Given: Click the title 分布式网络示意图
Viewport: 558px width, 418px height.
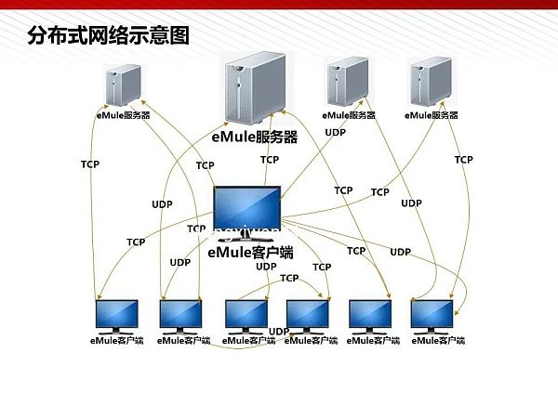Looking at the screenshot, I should coord(109,36).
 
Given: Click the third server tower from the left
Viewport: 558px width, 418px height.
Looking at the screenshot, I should coord(349,83).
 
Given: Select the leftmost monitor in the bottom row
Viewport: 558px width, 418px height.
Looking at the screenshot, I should coord(118,316).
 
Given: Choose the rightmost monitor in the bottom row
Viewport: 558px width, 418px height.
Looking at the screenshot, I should coord(432,316).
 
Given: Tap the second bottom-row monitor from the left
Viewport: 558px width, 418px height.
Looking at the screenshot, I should coord(180,316).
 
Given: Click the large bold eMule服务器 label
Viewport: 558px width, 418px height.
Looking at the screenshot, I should coord(254,137).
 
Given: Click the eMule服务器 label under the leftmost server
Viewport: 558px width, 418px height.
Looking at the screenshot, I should coord(124,116).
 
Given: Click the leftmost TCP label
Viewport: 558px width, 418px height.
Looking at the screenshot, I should coord(90,164).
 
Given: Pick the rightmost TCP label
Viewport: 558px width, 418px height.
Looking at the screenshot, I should coord(463,160).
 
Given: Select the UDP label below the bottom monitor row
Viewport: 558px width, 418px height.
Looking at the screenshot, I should coord(278,332).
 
